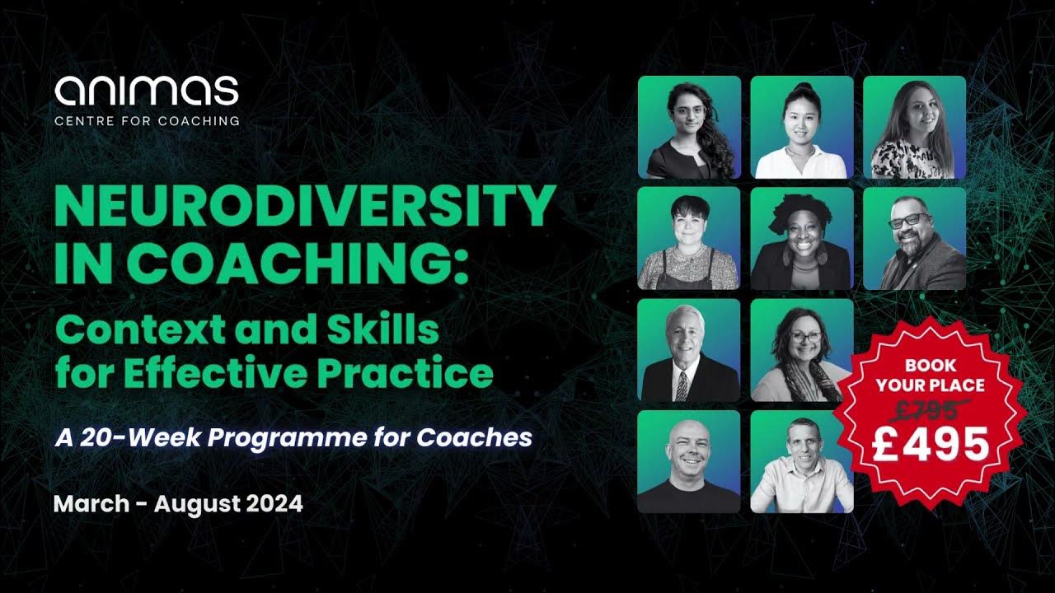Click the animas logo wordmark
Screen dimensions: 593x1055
(x=147, y=90)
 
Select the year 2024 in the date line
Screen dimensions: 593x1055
(x=274, y=503)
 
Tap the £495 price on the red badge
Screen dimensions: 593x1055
(x=931, y=444)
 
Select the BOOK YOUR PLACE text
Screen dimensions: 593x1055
(x=931, y=374)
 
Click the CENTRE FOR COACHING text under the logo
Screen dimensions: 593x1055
(x=147, y=120)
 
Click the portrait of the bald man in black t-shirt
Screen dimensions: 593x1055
(x=689, y=461)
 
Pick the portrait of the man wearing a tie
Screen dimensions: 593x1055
(x=689, y=350)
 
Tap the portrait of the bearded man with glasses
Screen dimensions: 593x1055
(x=914, y=239)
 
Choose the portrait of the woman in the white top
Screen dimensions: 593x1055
(x=801, y=128)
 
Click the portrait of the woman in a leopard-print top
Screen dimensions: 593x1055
(x=914, y=128)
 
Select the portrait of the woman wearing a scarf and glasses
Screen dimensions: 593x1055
(x=801, y=350)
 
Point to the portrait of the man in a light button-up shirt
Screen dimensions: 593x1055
(x=801, y=461)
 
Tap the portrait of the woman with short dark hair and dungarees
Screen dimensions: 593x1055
(x=689, y=239)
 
